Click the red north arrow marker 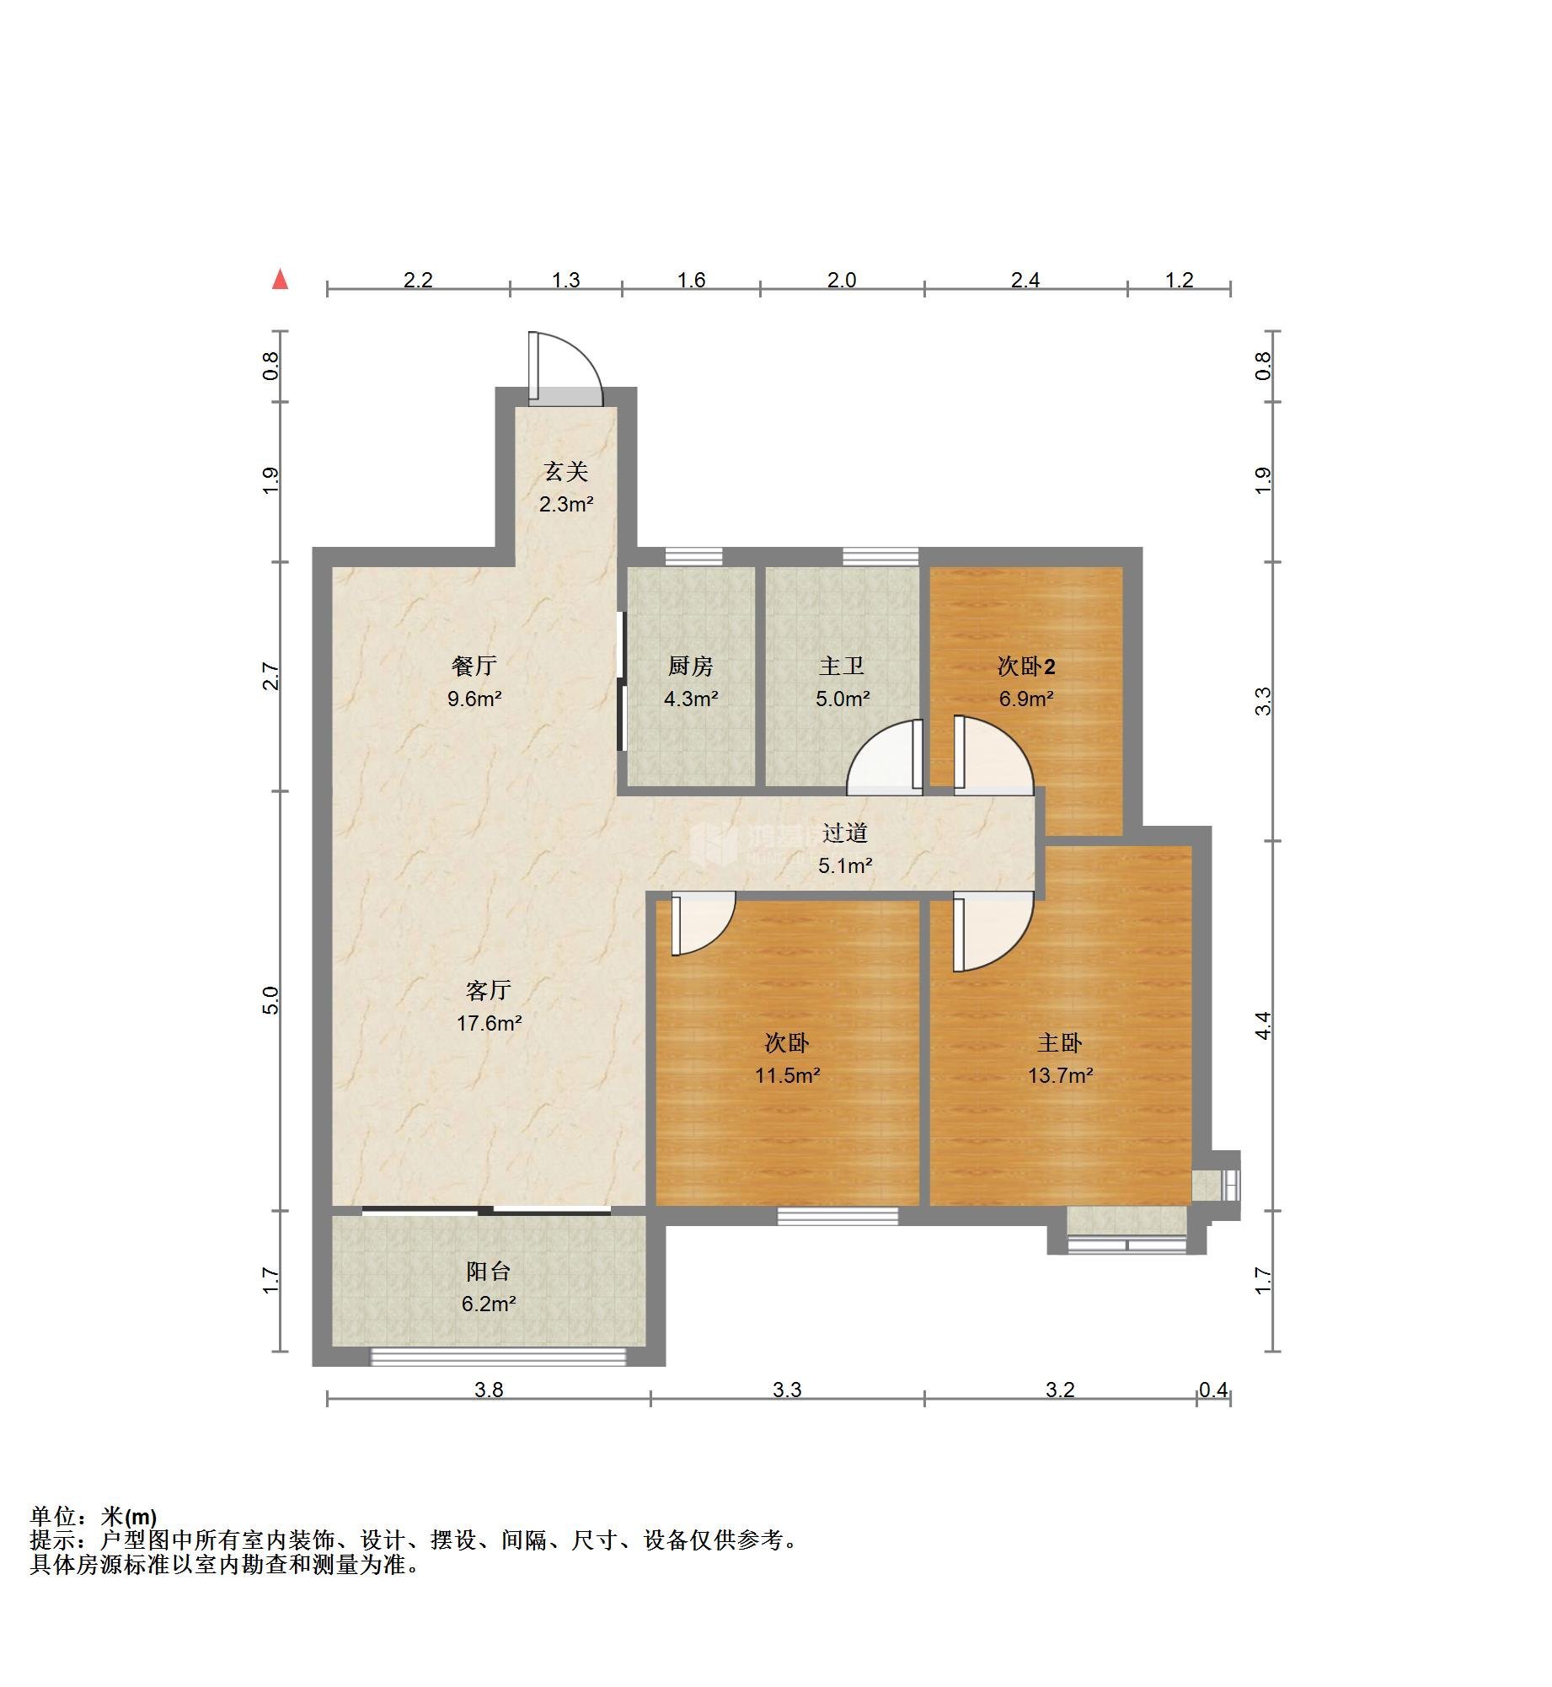pyautogui.click(x=281, y=280)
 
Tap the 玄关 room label pyautogui.click(x=565, y=472)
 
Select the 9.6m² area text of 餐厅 pyautogui.click(x=474, y=699)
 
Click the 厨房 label pyautogui.click(x=691, y=667)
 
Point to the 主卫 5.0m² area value pyautogui.click(x=843, y=699)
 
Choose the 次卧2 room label pyautogui.click(x=1026, y=667)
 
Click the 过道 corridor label pyautogui.click(x=845, y=833)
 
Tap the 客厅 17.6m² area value pyautogui.click(x=490, y=1023)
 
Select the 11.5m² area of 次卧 pyautogui.click(x=787, y=1075)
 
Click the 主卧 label pyautogui.click(x=1060, y=1043)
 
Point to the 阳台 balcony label pyautogui.click(x=489, y=1272)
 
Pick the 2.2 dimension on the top pyautogui.click(x=418, y=280)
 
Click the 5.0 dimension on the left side pyautogui.click(x=270, y=1001)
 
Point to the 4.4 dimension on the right pyautogui.click(x=1263, y=1026)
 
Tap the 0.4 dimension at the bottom pyautogui.click(x=1213, y=1390)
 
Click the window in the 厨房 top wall pyautogui.click(x=693, y=556)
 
